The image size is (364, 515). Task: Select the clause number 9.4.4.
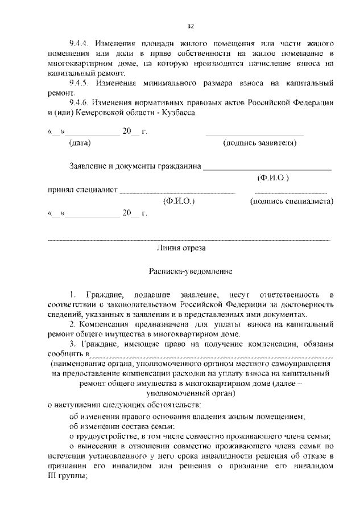click(x=78, y=43)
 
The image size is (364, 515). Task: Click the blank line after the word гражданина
click(x=267, y=169)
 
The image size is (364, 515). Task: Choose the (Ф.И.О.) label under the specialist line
click(x=179, y=201)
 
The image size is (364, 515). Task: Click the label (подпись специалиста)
click(x=291, y=201)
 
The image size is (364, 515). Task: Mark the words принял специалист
click(x=82, y=190)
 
